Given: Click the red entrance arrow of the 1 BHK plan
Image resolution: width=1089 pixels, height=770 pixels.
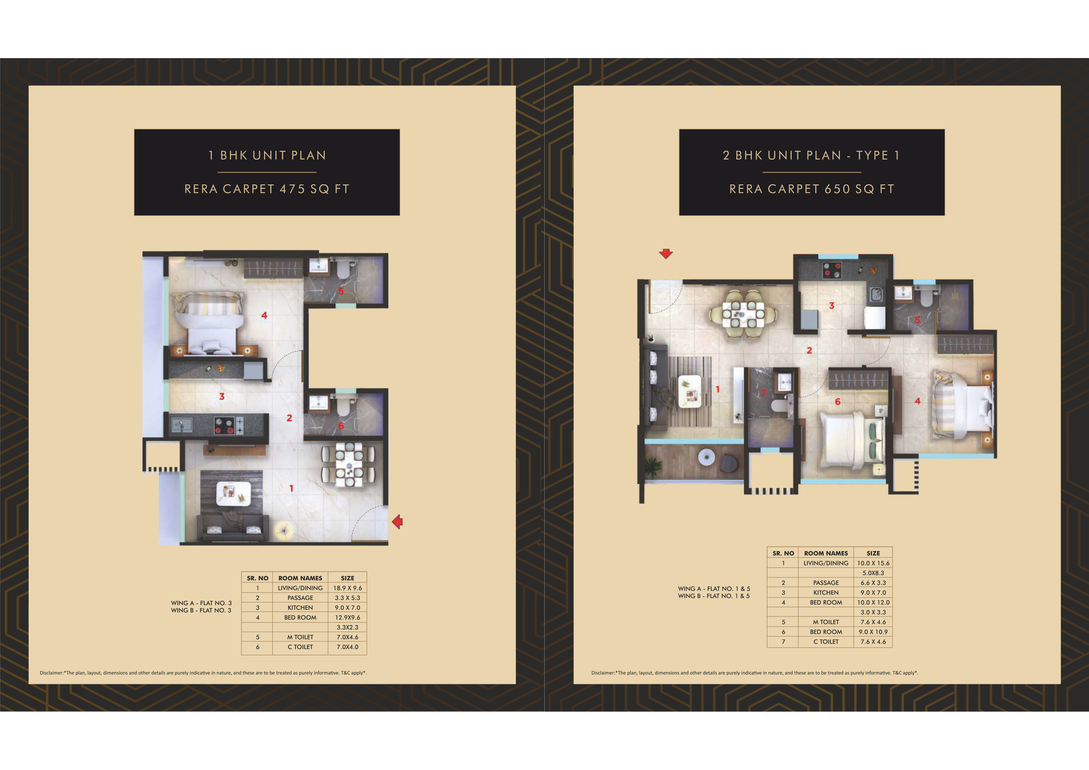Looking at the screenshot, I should [397, 522].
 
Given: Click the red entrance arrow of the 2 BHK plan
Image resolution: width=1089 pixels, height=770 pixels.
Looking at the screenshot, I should [666, 253].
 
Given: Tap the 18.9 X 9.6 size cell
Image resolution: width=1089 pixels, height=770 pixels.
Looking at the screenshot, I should [347, 588].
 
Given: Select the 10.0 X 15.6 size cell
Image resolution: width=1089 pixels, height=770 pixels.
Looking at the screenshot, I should [873, 563].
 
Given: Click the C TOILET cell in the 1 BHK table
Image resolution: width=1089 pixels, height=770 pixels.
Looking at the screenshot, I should [300, 647].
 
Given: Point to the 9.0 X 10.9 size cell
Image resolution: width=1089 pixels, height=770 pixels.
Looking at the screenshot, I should [873, 632].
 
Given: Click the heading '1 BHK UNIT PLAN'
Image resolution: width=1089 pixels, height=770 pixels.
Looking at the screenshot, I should [267, 156].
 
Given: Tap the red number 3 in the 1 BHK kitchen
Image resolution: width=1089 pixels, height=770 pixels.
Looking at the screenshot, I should [222, 396].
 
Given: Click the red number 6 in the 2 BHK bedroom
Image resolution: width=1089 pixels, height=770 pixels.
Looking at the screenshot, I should [838, 402].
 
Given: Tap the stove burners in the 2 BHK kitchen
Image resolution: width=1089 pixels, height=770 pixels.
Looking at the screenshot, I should [831, 269].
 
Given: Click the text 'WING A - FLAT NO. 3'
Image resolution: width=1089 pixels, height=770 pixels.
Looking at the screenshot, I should [201, 603].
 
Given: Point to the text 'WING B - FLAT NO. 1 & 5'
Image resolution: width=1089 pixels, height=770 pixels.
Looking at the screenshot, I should [714, 596].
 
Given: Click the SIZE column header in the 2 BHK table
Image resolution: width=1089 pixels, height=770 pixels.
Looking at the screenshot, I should [873, 553].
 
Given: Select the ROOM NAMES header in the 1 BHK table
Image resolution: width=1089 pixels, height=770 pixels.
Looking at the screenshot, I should [300, 578].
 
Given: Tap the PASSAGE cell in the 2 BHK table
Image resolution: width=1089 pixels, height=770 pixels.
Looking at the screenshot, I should [826, 582].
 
